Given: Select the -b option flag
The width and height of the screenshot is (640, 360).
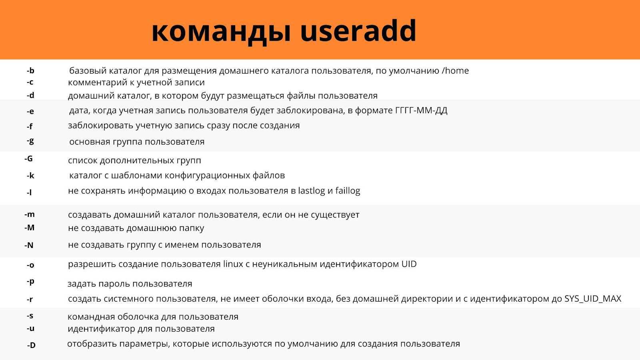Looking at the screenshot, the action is (30, 70).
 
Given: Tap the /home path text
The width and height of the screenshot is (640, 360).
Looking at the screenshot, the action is (455, 70).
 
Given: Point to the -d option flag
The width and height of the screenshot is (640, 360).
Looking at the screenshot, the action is (30, 95).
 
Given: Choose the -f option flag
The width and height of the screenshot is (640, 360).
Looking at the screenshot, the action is (30, 126).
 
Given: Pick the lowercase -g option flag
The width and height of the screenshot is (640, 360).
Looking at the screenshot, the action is (30, 141).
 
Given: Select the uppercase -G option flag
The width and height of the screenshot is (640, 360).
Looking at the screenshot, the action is (28, 158).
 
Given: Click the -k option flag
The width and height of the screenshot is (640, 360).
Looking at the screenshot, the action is (30, 176).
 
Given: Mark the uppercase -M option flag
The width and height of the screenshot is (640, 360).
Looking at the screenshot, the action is (30, 228).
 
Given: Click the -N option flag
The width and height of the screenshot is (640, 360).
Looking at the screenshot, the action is (29, 245).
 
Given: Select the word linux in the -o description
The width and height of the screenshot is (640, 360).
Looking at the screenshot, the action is (233, 264).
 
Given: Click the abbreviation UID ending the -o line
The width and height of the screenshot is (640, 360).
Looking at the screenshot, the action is (409, 264).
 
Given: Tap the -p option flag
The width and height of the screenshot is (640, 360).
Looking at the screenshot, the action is (30, 282).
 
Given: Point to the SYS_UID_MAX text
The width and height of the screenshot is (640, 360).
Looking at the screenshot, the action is (593, 299).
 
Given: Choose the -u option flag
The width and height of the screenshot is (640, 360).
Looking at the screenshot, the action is (30, 328).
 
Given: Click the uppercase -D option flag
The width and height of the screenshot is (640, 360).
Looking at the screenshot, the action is (32, 345).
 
